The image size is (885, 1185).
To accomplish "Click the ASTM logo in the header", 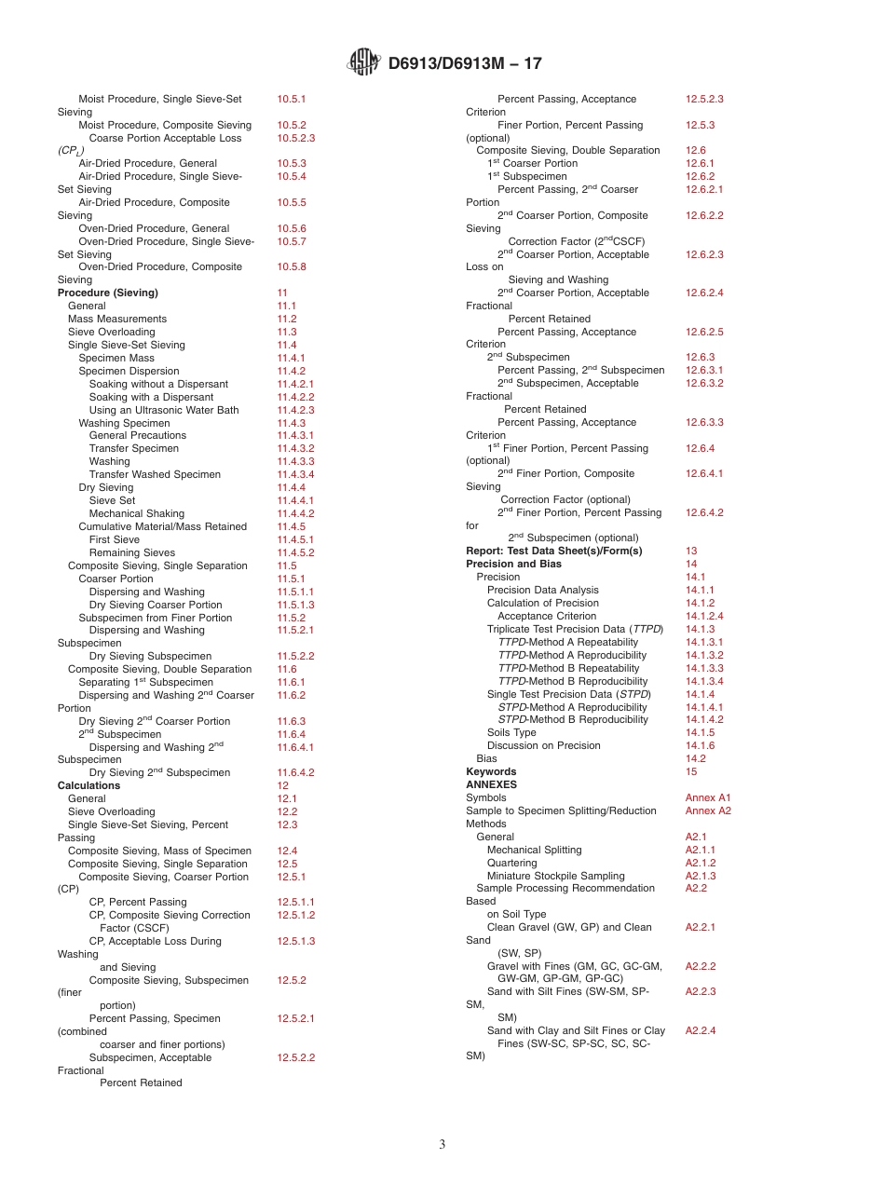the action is [x=363, y=62].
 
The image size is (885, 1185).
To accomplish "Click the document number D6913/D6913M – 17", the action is [x=464, y=63].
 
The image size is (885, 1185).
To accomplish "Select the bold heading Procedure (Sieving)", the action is [x=108, y=293].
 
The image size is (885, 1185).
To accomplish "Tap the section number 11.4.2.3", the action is [x=295, y=410].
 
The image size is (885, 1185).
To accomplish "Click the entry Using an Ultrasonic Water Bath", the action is [x=164, y=410].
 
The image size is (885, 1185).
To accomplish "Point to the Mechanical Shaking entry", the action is [x=137, y=513].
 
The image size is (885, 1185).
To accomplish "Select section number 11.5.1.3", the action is [x=295, y=605].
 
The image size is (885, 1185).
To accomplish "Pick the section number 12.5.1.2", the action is [x=295, y=915].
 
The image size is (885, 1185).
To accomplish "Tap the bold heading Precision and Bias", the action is [x=513, y=564].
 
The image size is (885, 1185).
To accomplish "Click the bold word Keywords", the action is [x=491, y=771].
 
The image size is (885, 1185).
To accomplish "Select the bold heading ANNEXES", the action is [x=491, y=784].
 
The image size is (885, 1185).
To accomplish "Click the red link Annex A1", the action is [x=708, y=797].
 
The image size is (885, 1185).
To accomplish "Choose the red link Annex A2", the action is [x=708, y=810].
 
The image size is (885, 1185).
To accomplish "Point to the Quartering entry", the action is [x=511, y=863].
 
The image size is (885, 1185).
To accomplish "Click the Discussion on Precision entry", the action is [x=544, y=745].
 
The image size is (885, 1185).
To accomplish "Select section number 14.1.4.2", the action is [x=704, y=719].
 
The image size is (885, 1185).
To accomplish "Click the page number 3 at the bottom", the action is [x=442, y=1145].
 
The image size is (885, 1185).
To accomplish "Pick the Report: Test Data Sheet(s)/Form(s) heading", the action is [x=554, y=551].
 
